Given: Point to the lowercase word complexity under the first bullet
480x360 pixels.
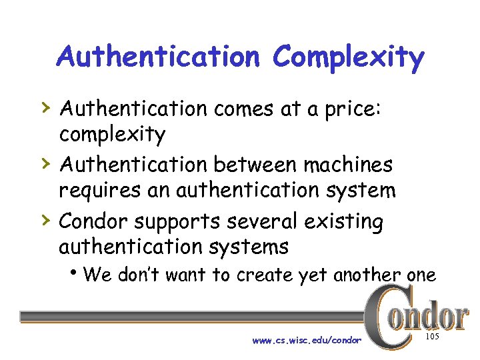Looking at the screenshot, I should point(112,135).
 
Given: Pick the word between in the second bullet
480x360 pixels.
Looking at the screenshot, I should point(248,163).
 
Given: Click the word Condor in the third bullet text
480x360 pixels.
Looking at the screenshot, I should point(93,220).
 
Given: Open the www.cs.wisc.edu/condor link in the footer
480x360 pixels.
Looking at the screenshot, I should point(307,341).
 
